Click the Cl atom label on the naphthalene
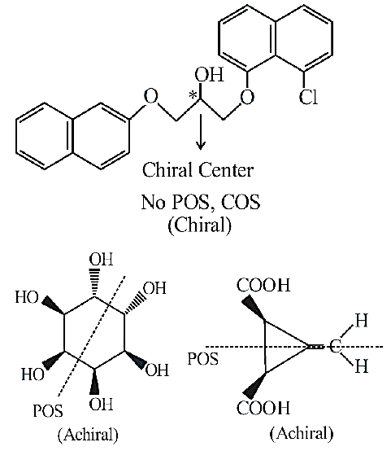308,97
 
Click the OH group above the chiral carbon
209,75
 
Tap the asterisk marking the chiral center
193,95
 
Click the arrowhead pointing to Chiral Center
201,145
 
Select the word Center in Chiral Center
225,169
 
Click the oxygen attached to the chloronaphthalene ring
247,96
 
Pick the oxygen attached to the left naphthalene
151,96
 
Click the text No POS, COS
201,202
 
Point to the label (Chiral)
199,225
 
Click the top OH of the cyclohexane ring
101,259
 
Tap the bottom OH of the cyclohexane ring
101,404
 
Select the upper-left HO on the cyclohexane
27,297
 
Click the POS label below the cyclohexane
48,410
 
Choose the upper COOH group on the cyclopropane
263,285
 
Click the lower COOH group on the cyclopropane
263,408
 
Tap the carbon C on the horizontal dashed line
335,347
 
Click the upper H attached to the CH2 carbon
362,320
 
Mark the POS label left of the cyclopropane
203,359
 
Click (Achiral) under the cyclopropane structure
302,433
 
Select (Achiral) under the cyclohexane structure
88,435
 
